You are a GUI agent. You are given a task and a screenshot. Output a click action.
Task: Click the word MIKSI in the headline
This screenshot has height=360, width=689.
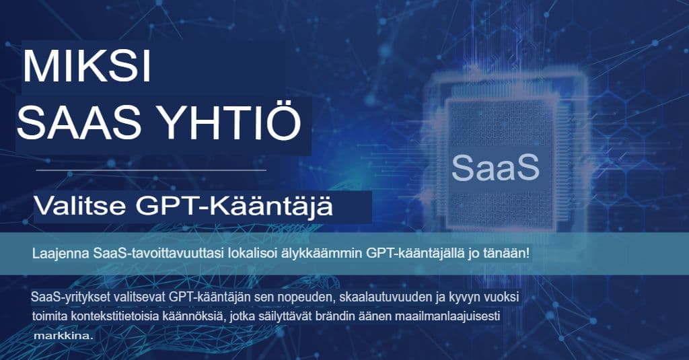[87, 67]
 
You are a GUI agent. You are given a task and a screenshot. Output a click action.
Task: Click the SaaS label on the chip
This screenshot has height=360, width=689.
[496, 168]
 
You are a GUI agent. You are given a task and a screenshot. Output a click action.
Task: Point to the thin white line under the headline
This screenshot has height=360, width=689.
[151, 171]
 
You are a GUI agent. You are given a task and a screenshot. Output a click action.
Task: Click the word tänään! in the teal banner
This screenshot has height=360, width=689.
[505, 254]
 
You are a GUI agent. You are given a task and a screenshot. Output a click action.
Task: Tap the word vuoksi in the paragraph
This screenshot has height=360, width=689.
[502, 297]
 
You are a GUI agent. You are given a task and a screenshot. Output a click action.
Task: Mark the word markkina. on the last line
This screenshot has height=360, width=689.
[61, 334]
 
